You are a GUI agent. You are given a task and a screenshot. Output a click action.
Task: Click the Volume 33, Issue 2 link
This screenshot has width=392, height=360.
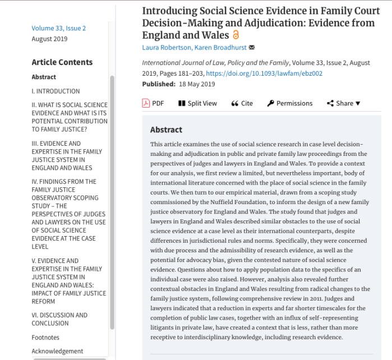pyautogui.click(x=59, y=28)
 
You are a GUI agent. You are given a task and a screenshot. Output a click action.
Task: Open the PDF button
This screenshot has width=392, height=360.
pyautogui.click(x=153, y=103)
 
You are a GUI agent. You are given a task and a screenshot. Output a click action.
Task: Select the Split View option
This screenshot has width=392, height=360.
pyautogui.click(x=197, y=103)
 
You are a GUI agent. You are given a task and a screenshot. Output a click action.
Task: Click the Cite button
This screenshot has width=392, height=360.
pyautogui.click(x=242, y=103)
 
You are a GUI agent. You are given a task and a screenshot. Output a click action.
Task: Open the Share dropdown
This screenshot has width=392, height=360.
pyautogui.click(x=343, y=103)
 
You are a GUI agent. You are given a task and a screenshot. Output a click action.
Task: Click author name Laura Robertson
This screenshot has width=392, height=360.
pyautogui.click(x=167, y=47)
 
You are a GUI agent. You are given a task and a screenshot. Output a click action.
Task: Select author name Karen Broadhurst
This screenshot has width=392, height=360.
pyautogui.click(x=220, y=47)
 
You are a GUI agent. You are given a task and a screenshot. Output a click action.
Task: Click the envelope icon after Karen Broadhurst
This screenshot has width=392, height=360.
pyautogui.click(x=252, y=48)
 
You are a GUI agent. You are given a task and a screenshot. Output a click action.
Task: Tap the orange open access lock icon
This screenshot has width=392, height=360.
pyautogui.click(x=236, y=35)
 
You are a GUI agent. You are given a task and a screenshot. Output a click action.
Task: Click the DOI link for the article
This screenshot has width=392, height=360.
pyautogui.click(x=264, y=73)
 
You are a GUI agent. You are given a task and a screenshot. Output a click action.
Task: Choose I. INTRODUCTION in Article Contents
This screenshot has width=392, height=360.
pyautogui.click(x=56, y=91)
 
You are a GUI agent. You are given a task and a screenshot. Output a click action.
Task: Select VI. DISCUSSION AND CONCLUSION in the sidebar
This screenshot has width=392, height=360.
pyautogui.click(x=59, y=319)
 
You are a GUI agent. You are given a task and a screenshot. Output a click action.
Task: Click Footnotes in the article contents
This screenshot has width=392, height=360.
pyautogui.click(x=45, y=338)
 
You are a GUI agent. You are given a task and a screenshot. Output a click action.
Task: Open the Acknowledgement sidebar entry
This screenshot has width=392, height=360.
pyautogui.click(x=57, y=351)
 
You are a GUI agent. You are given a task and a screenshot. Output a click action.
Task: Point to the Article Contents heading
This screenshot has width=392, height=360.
pyautogui.click(x=62, y=62)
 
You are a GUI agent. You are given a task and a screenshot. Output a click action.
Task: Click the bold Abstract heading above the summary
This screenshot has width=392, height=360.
pyautogui.click(x=166, y=130)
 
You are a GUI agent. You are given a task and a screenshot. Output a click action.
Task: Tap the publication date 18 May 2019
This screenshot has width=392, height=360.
pyautogui.click(x=196, y=84)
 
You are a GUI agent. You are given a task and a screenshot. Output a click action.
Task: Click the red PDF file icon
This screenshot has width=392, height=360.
pyautogui.click(x=146, y=103)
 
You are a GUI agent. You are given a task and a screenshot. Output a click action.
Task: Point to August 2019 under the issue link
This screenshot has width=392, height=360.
pyautogui.click(x=49, y=39)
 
